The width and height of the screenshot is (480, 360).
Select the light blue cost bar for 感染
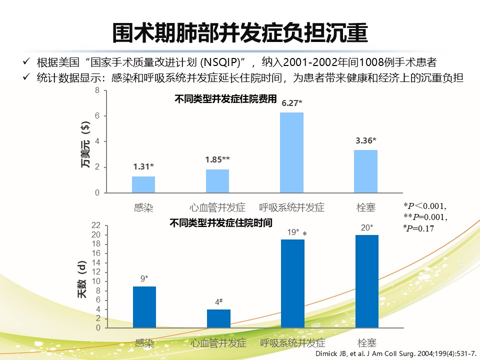click(143, 184)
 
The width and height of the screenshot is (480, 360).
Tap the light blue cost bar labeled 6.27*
click(291, 152)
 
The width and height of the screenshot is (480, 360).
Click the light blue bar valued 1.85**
click(217, 181)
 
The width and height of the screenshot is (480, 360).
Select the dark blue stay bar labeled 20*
click(367, 281)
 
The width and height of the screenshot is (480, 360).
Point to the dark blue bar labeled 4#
click(218, 318)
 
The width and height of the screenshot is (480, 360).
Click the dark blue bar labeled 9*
click(144, 307)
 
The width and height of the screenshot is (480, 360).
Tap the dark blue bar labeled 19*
click(293, 283)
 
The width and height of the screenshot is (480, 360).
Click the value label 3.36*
click(366, 140)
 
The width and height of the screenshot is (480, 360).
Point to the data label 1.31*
click(143, 167)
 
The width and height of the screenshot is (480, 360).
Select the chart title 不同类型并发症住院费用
click(225, 99)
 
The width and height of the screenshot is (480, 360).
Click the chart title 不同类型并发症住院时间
click(221, 222)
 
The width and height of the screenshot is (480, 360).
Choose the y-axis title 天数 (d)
click(82, 280)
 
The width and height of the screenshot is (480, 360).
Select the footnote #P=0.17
click(419, 228)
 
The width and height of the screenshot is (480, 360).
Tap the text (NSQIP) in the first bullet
click(221, 63)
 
